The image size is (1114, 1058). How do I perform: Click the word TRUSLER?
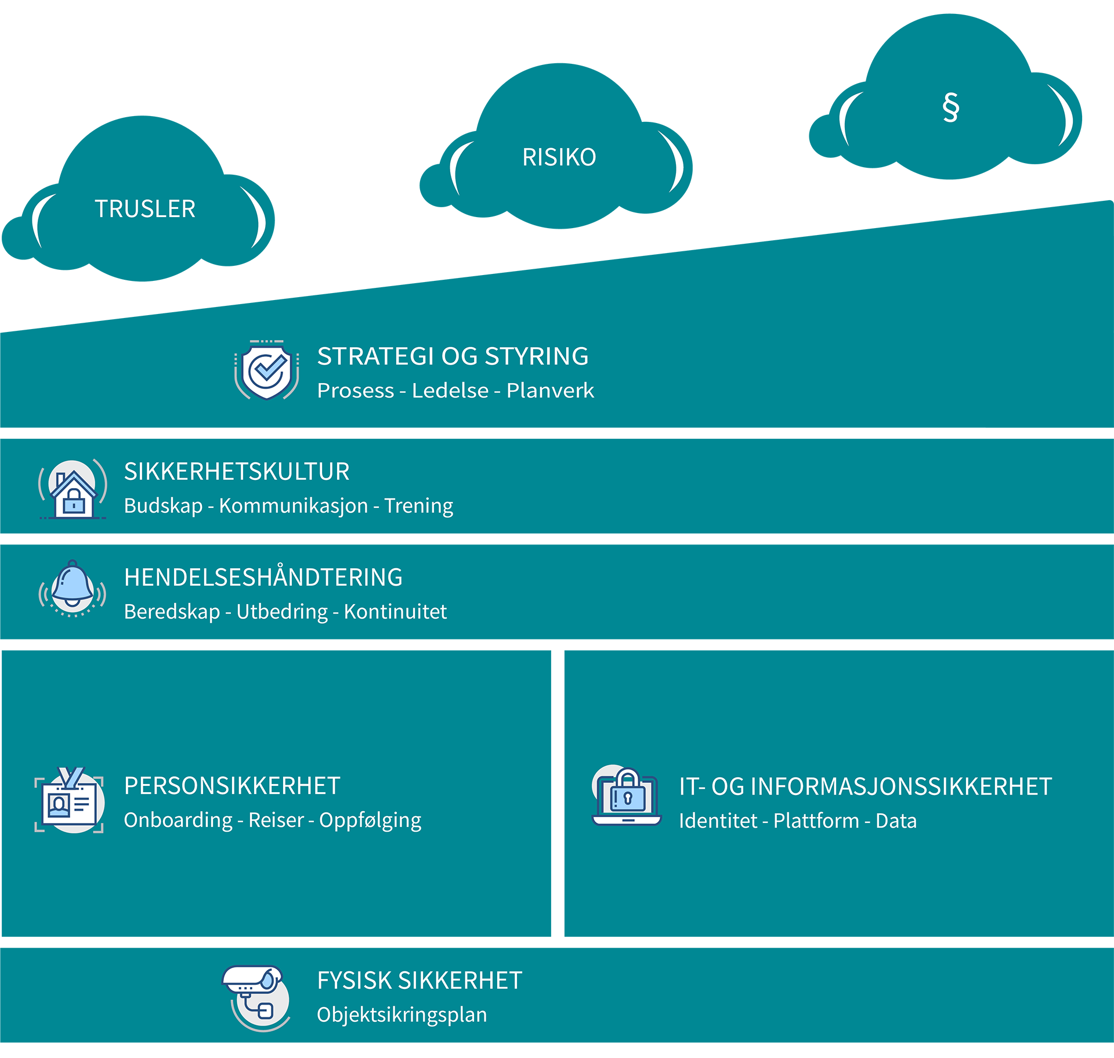pos(145,209)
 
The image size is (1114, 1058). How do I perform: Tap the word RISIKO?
pos(559,157)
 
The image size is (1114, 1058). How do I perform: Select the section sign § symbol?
pos(950,107)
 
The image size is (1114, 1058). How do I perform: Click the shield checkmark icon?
pos(267,370)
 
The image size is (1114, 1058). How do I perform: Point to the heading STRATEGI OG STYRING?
pos(453,356)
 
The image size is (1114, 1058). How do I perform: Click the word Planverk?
pos(550,391)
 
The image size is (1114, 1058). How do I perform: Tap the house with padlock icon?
pos(73,489)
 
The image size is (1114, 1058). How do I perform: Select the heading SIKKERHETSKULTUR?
pos(237,472)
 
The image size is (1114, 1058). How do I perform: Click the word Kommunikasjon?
pos(293,506)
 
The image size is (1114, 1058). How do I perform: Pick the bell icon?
pos(73,587)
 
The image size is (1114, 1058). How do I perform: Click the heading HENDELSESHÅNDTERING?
pos(263,577)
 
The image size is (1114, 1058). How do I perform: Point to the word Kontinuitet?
pos(395,612)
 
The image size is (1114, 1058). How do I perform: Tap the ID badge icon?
pos(70,801)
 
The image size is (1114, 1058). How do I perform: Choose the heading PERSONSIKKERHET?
pos(232,786)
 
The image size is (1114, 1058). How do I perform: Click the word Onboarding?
pos(178,820)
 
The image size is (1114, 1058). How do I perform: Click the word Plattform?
pos(816,821)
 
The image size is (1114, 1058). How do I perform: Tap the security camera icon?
pos(256,997)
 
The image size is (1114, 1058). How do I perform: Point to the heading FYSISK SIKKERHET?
pos(419,981)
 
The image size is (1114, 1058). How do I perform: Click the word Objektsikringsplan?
pos(402,1015)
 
